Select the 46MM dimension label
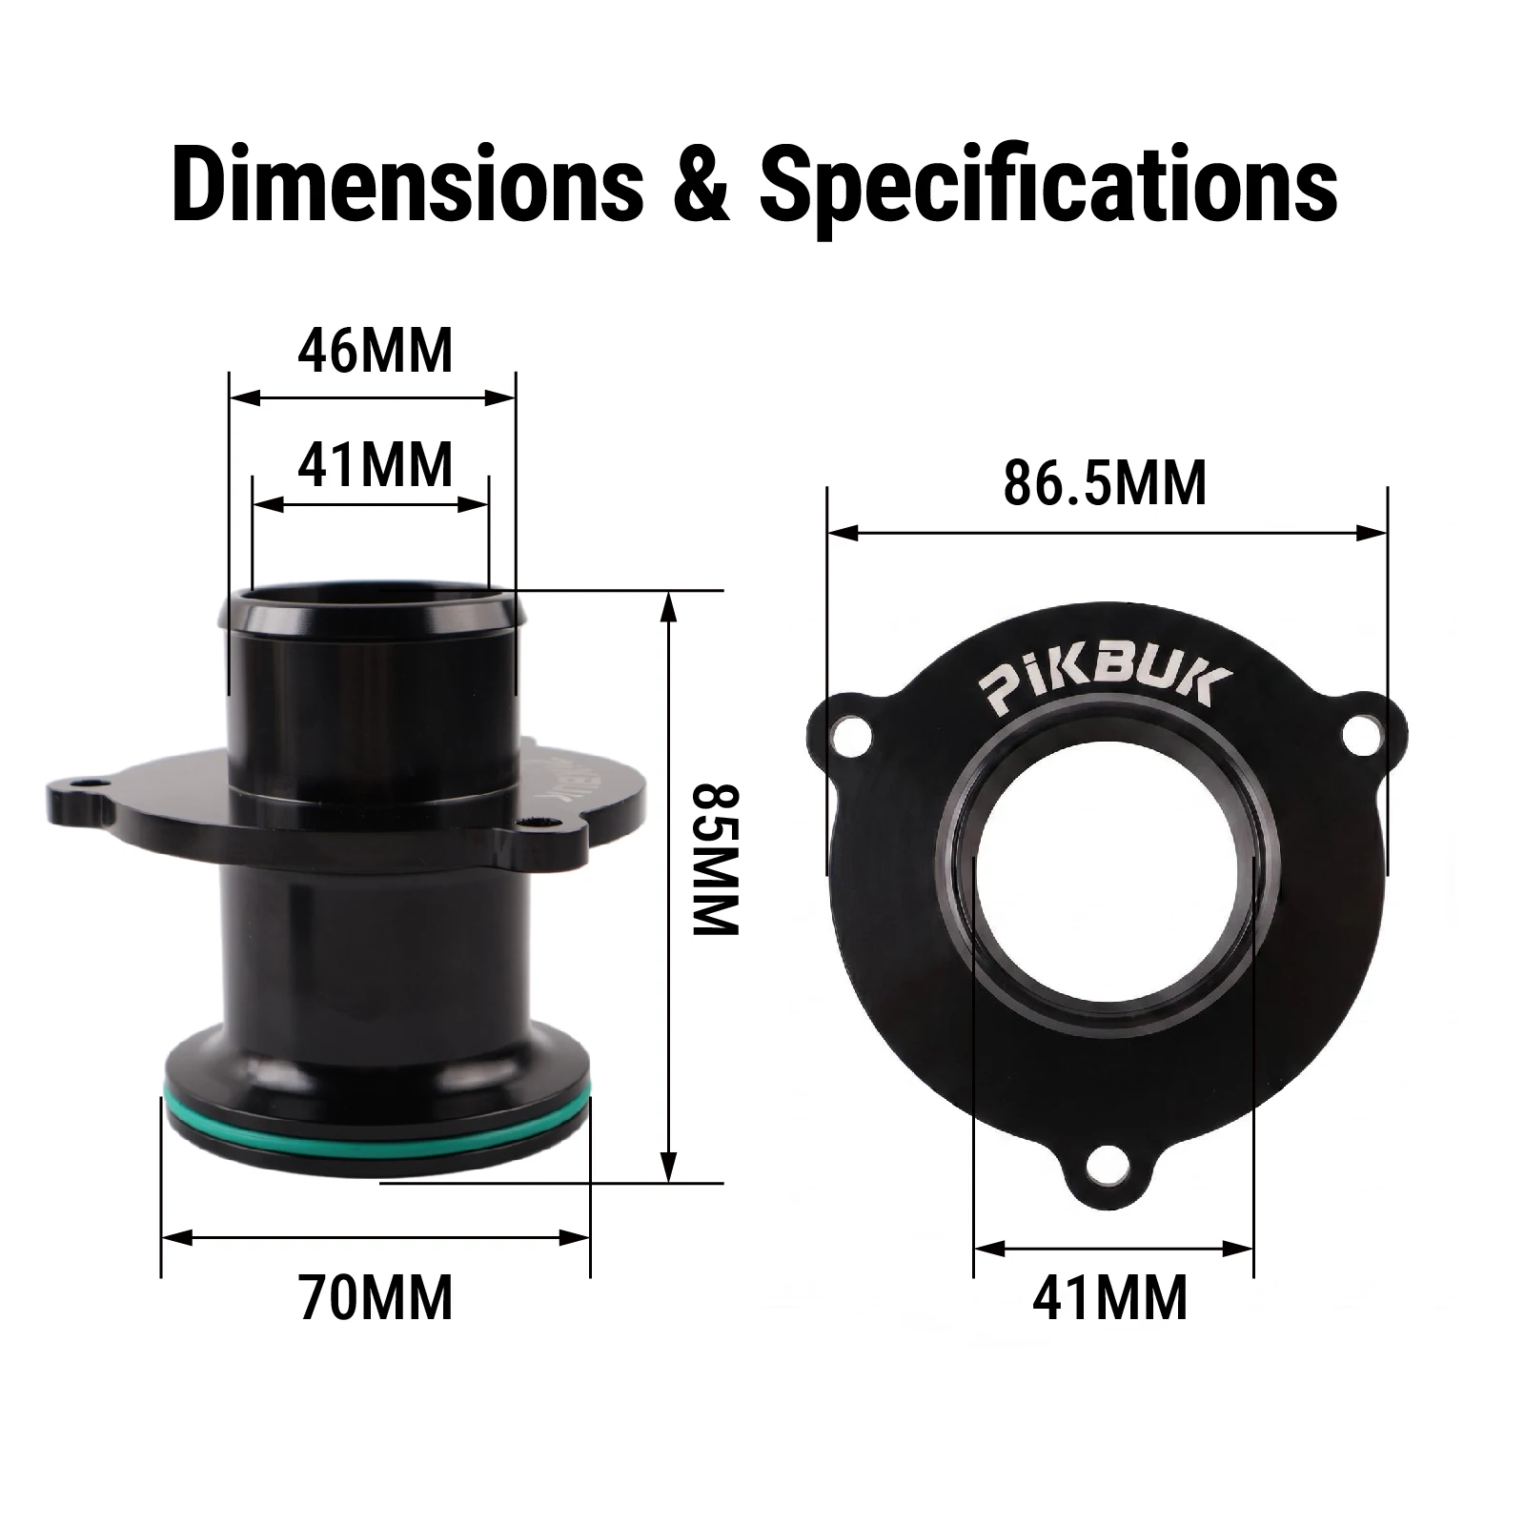(x=375, y=350)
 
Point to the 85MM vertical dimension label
(x=715, y=859)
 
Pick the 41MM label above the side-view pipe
(x=375, y=465)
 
